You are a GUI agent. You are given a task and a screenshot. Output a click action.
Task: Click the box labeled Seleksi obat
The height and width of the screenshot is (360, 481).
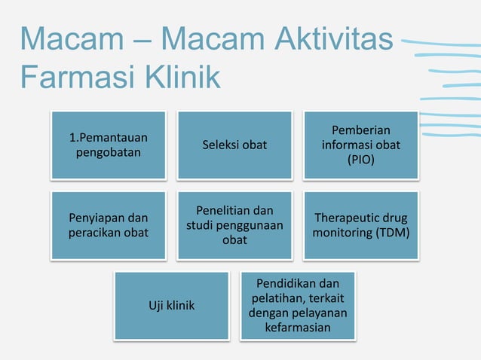click(x=234, y=145)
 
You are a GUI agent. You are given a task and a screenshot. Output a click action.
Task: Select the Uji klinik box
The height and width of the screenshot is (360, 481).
click(x=171, y=306)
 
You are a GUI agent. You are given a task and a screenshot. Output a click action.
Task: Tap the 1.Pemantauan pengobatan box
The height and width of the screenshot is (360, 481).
click(x=108, y=145)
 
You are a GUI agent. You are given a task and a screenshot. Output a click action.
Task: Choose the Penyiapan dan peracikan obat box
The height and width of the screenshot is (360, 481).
click(x=108, y=225)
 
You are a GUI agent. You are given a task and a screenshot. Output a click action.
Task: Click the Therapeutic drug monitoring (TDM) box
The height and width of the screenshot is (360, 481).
click(x=360, y=225)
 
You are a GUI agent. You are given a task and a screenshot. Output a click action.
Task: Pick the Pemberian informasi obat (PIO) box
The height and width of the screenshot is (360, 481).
click(x=360, y=145)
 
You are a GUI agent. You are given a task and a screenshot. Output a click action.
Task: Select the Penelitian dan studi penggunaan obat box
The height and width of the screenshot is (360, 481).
click(x=234, y=225)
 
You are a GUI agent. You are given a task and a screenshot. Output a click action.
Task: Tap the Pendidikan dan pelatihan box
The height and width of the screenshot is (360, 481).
click(x=298, y=306)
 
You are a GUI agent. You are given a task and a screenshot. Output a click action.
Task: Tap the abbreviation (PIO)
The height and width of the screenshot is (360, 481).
click(x=360, y=160)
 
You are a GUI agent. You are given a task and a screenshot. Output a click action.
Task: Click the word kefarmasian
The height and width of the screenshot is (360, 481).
click(x=298, y=329)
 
